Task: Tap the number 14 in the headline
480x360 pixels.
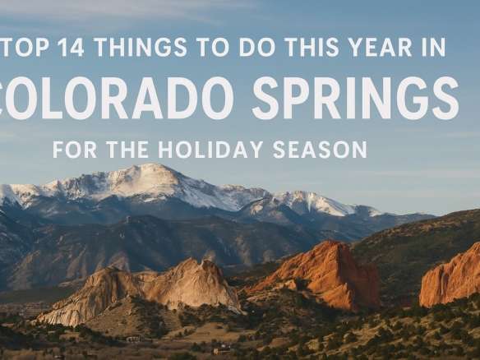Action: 69,48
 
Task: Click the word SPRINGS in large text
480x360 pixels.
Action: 355,99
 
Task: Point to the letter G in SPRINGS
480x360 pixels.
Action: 412,99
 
